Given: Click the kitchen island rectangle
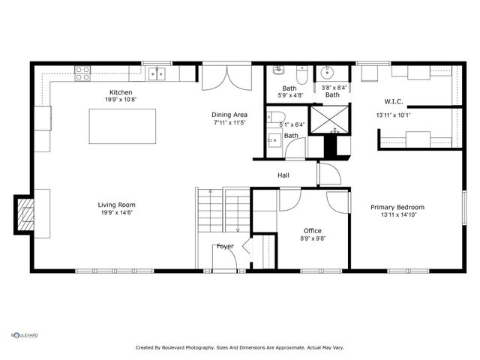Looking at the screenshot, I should (123, 126).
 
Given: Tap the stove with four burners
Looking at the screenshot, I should (82, 73).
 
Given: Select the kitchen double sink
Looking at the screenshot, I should (157, 73).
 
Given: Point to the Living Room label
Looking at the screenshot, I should (116, 205).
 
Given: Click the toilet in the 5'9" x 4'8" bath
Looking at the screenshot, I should (302, 75).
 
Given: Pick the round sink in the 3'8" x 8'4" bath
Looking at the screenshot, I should (328, 73).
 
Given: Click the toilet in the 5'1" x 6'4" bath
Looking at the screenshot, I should (272, 117).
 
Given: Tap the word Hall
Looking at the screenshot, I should (283, 175).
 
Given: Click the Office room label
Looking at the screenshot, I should (312, 230).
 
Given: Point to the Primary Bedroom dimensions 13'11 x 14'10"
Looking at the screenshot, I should (397, 215).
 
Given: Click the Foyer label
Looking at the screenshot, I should (225, 246).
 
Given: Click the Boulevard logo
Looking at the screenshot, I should (24, 335).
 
